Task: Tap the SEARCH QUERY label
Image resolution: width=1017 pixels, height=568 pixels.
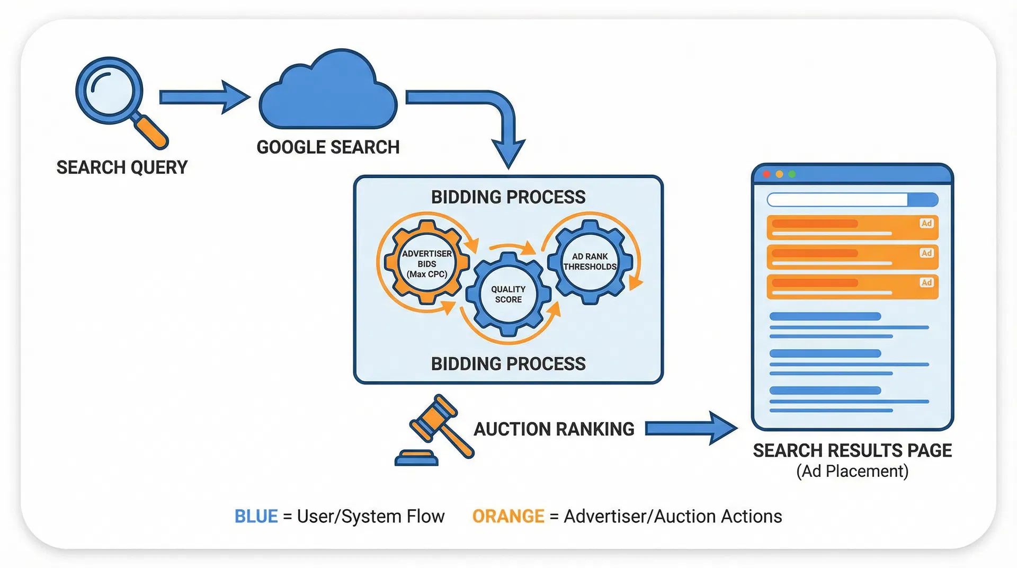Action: (x=122, y=167)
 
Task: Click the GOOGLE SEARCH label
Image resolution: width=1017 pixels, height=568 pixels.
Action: (x=328, y=147)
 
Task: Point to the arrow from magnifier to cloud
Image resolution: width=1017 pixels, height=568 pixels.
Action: (x=204, y=97)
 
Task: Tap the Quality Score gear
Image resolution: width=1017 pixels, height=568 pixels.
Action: (x=508, y=295)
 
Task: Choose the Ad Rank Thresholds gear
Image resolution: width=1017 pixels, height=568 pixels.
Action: (x=590, y=262)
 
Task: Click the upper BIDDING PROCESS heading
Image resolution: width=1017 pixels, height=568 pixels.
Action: (x=508, y=197)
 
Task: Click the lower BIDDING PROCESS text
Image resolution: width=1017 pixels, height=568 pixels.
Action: (x=508, y=364)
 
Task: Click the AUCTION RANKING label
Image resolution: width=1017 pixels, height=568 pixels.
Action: (x=554, y=429)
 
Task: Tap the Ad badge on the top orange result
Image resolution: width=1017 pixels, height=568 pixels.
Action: (x=926, y=224)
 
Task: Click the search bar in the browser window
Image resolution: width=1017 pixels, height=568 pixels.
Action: (x=837, y=200)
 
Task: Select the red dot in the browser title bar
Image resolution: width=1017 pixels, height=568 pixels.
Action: (x=766, y=174)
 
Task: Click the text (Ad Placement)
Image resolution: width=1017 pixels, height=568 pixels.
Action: (x=852, y=471)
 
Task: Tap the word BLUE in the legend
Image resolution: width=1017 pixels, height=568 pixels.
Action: (x=256, y=517)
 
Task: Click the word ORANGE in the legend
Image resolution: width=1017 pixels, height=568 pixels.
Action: (x=508, y=517)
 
